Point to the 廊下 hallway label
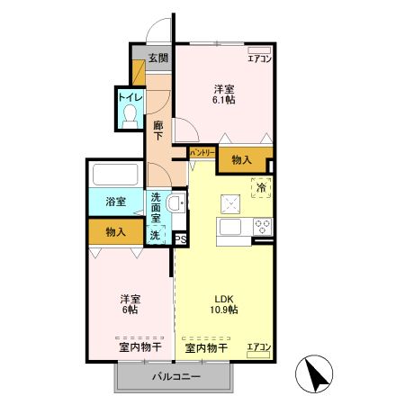pyautogui.click(x=158, y=130)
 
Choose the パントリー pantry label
pyautogui.click(x=202, y=154)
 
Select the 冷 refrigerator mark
pyautogui.click(x=259, y=188)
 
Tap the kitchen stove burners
pyautogui.click(x=263, y=225)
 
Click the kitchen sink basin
pyautogui.click(x=227, y=226)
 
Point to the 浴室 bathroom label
pyautogui.click(x=115, y=202)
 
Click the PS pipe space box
pyautogui.click(x=180, y=238)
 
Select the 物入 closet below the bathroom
pyautogui.click(x=115, y=232)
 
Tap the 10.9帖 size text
pyautogui.click(x=225, y=310)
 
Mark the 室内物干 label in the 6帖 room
pyautogui.click(x=139, y=346)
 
